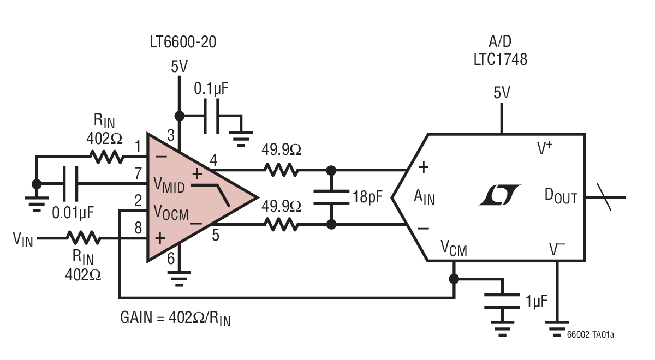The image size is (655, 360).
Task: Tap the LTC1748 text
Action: point(500,60)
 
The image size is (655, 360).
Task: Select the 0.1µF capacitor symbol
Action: point(211,116)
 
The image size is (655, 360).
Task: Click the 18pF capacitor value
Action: point(366,196)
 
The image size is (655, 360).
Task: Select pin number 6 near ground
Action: point(171,259)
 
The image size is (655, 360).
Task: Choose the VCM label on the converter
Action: point(454,250)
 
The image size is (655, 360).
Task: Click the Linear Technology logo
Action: point(499,195)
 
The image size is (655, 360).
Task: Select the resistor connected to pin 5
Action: point(281,224)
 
